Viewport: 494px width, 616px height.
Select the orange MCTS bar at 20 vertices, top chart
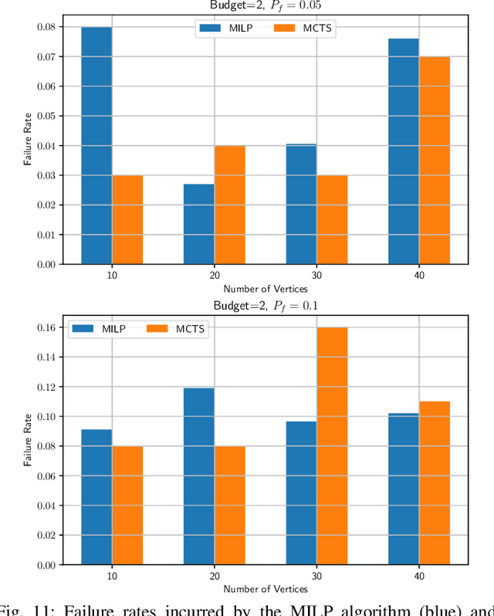(x=229, y=205)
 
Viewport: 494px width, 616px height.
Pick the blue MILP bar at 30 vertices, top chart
(x=301, y=204)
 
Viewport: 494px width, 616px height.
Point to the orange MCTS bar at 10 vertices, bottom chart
(x=127, y=506)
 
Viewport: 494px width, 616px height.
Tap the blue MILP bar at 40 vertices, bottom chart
(x=403, y=489)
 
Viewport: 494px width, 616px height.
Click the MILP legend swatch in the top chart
(x=210, y=29)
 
